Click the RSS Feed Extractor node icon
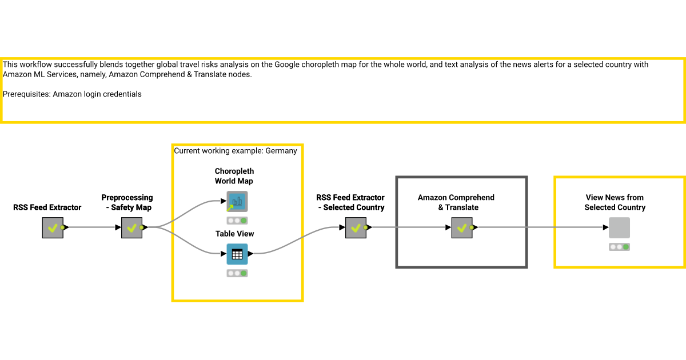coord(53,227)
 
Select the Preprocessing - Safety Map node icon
coord(131,227)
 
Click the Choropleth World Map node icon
coord(237,202)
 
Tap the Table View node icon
coord(237,254)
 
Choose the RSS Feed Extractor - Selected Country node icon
coord(356,227)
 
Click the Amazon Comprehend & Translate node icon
coord(462,227)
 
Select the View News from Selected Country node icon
coord(619,227)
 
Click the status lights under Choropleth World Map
coord(237,221)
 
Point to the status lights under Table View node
coord(237,273)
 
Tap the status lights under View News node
coord(619,247)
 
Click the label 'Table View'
coord(234,234)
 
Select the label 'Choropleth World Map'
coord(234,176)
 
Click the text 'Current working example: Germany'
coord(236,151)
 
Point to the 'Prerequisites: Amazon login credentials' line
coord(72,94)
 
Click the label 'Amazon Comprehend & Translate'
coord(456,202)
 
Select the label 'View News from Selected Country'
coord(615,202)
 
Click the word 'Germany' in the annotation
coord(281,151)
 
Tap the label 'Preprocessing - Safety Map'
coord(127,202)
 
